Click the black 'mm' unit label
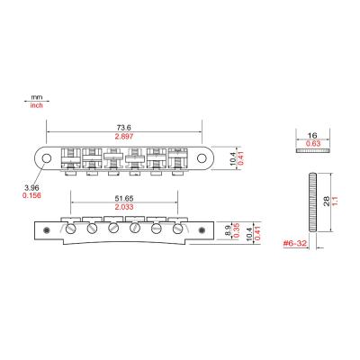(37, 97)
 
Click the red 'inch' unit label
(37, 106)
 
